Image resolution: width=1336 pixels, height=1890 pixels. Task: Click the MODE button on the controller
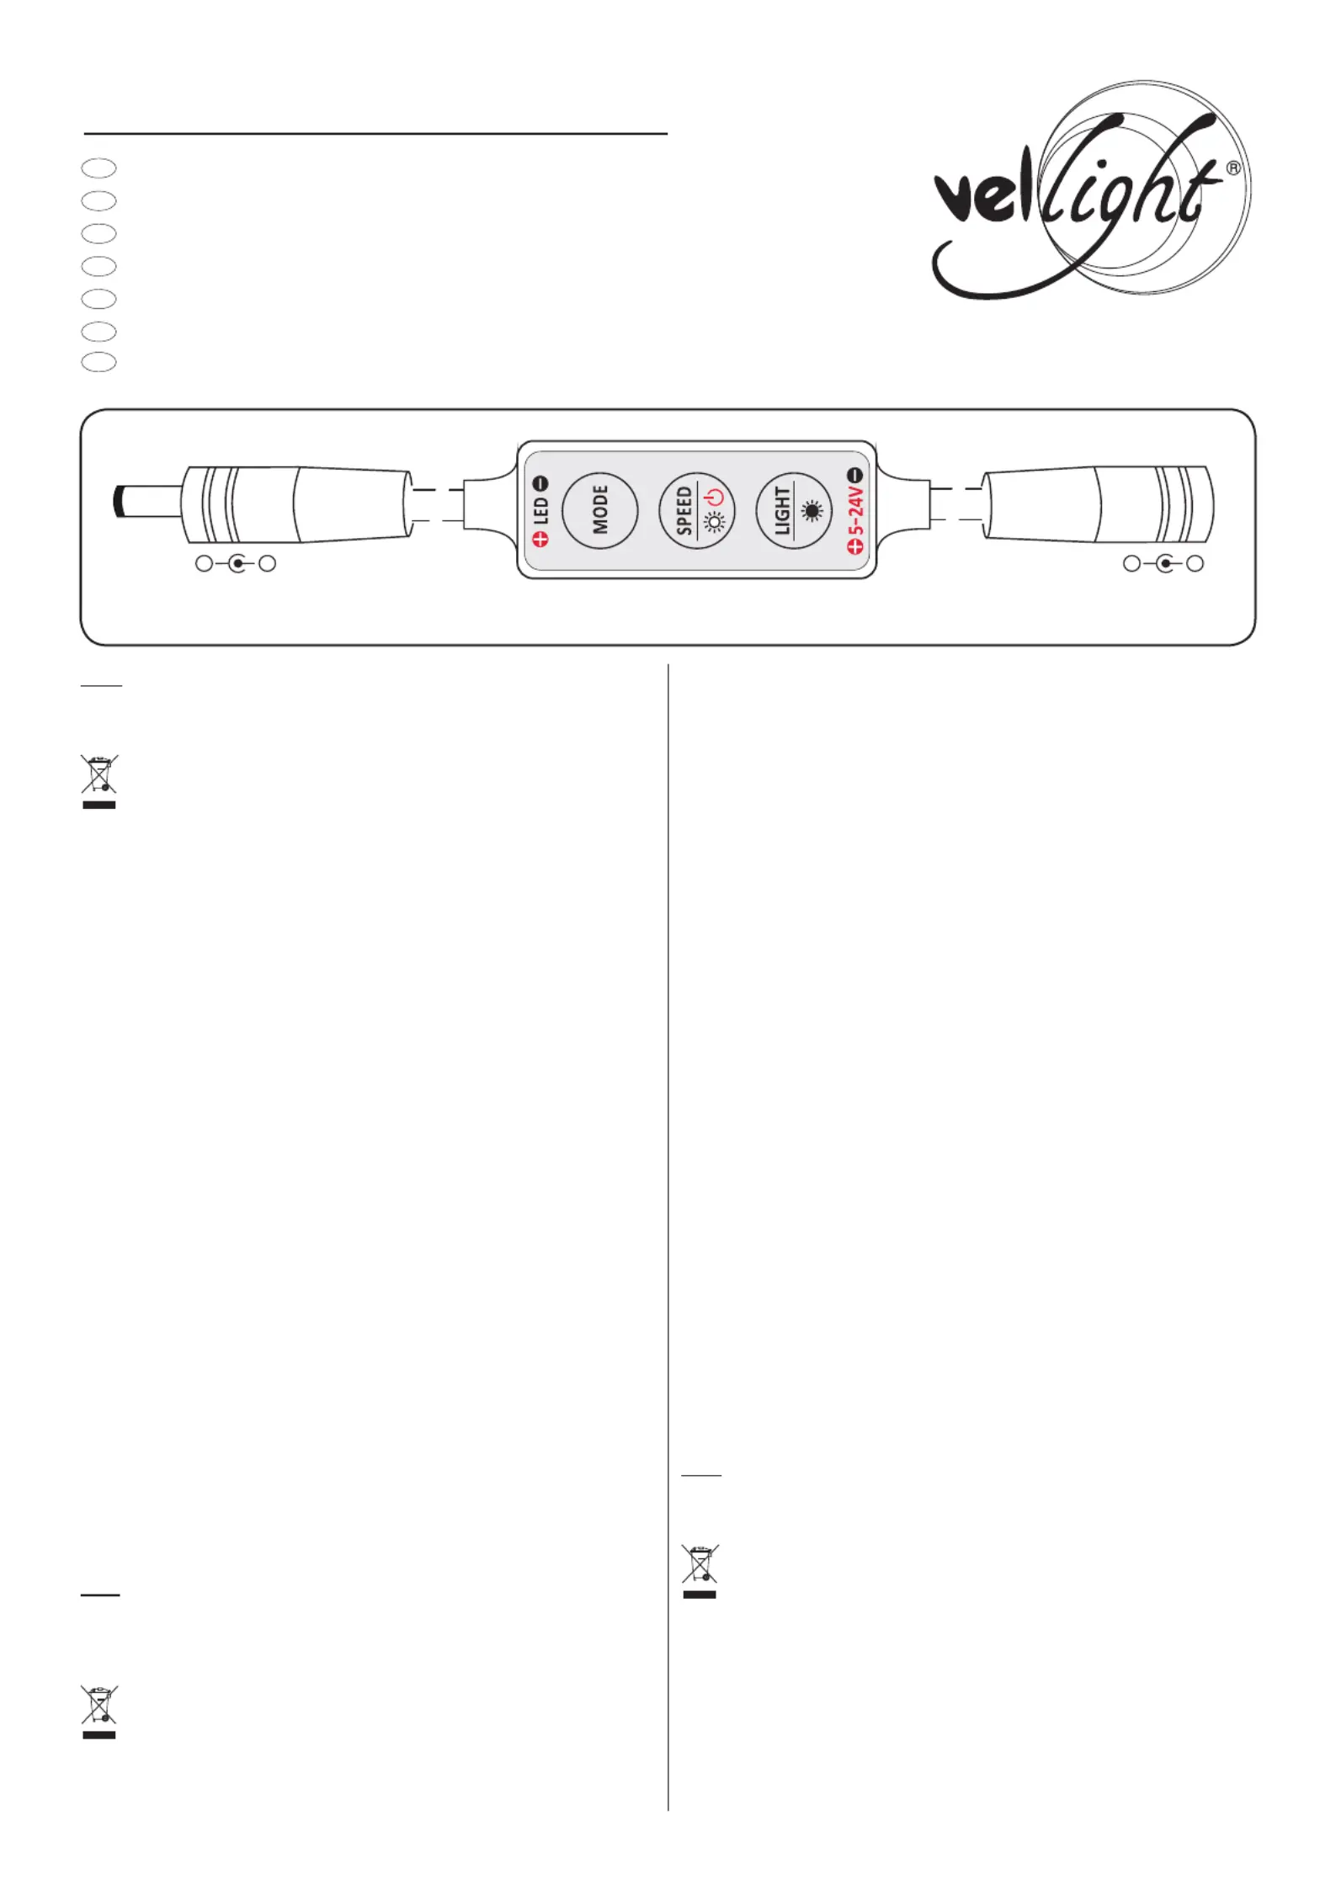pyautogui.click(x=599, y=510)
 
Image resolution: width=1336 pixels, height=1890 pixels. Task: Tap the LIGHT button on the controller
pyautogui.click(x=794, y=510)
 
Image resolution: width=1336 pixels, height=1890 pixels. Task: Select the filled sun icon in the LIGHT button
pyautogui.click(x=812, y=510)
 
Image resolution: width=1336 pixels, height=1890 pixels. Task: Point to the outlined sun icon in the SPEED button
pyautogui.click(x=715, y=523)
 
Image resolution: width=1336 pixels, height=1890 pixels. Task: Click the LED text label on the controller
pyautogui.click(x=541, y=510)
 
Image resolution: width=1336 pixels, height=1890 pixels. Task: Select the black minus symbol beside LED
pyautogui.click(x=541, y=483)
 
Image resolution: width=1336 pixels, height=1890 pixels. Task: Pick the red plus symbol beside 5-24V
pyautogui.click(x=855, y=546)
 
